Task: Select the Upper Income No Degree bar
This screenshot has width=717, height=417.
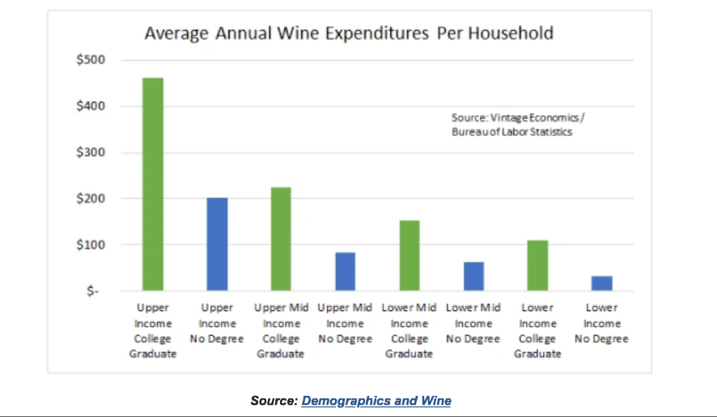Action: click(x=217, y=244)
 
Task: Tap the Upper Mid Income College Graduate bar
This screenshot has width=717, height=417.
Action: click(x=281, y=239)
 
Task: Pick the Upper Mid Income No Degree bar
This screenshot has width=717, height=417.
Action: click(x=345, y=271)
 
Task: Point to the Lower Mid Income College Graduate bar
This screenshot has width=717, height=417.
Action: click(x=409, y=255)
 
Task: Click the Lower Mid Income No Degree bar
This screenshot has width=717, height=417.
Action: click(x=473, y=276)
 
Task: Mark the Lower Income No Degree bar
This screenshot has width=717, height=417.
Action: click(x=601, y=283)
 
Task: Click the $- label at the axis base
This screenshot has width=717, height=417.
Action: click(x=92, y=291)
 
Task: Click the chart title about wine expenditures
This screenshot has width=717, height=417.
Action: click(x=348, y=33)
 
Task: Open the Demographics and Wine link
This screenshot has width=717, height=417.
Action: click(x=376, y=401)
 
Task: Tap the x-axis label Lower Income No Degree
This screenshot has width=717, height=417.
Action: click(x=601, y=323)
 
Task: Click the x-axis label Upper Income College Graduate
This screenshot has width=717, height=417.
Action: click(x=153, y=330)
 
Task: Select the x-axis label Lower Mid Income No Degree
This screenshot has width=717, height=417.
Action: click(x=473, y=323)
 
